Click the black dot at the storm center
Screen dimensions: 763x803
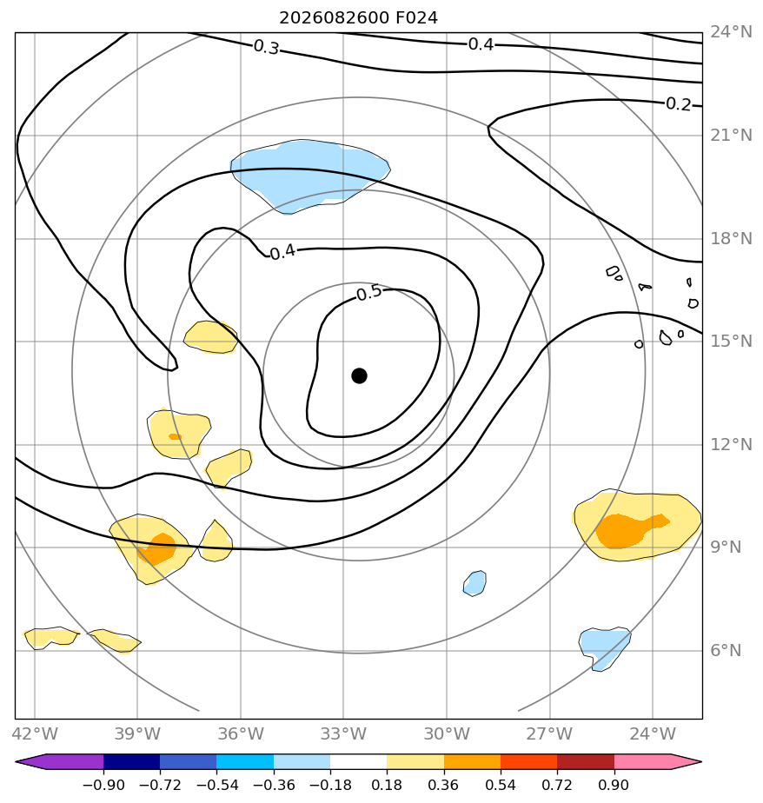pos(359,376)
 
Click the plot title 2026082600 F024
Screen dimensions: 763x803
pos(358,18)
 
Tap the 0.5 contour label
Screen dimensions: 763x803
pos(369,293)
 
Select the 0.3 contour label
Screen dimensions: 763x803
pos(267,47)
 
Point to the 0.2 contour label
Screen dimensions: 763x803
pos(679,104)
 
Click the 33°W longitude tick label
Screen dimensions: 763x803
pos(343,733)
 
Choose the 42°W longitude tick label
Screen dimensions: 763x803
pos(35,733)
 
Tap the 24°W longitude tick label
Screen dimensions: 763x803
pos(653,733)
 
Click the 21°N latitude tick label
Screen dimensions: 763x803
pos(731,136)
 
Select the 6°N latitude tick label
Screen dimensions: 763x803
pos(726,650)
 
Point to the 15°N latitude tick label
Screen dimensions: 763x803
pos(731,341)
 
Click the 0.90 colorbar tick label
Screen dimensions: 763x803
pos(614,785)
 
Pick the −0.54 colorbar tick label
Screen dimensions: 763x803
pos(217,785)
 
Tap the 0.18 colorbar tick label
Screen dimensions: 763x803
pos(387,785)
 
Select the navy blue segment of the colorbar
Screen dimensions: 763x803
pos(131,761)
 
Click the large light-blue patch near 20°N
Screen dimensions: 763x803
pos(308,174)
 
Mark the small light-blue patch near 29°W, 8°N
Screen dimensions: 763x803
pos(474,583)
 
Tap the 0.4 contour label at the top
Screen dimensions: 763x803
pos(481,44)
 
